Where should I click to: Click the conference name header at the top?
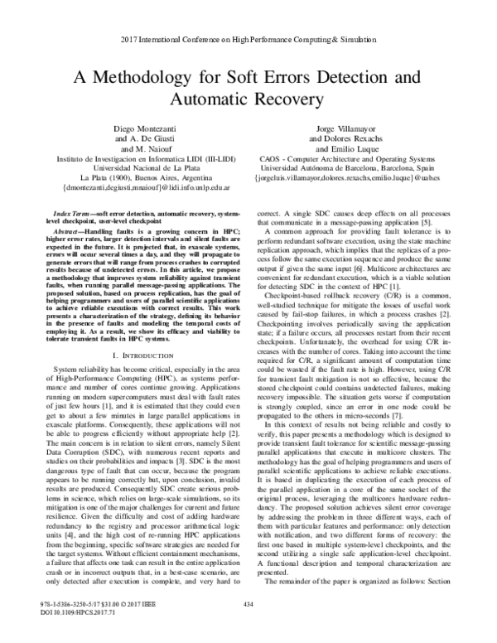click(248, 40)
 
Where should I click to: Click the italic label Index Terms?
click(70, 214)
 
